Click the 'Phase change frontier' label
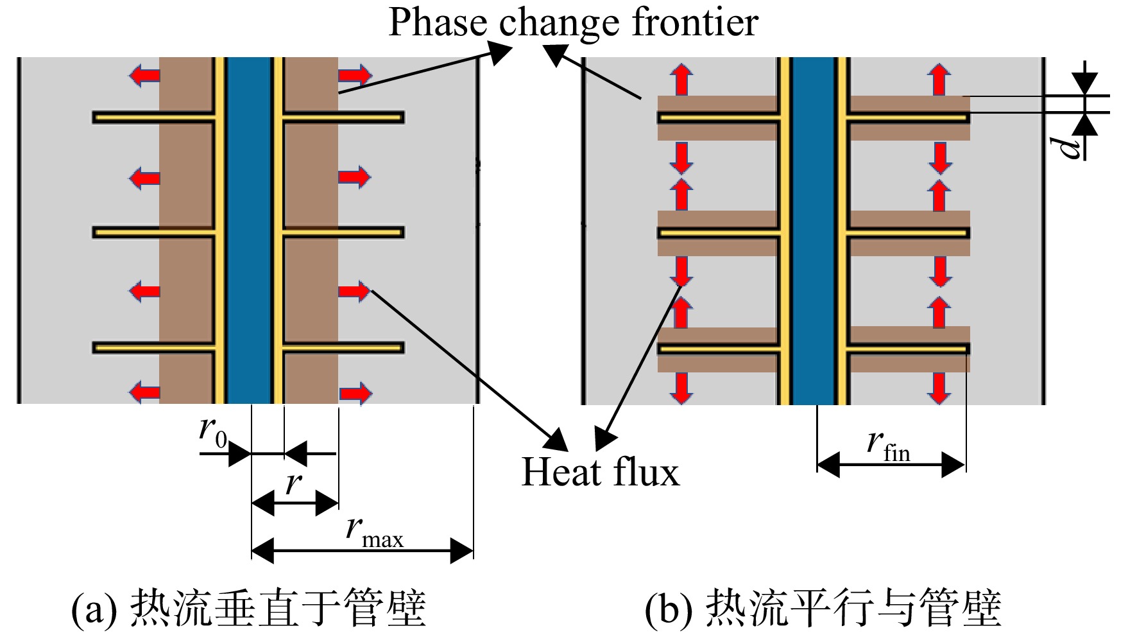point(573,23)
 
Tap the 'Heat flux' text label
point(600,473)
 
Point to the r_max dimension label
point(375,532)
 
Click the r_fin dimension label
point(889,445)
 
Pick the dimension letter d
point(1068,146)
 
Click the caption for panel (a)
point(248,607)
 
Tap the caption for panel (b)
point(823,607)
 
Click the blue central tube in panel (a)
point(250,230)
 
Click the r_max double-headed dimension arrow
point(363,551)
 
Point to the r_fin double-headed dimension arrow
point(891,465)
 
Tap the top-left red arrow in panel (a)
point(144,76)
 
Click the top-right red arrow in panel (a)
point(355,75)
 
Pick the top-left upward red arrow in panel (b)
point(681,80)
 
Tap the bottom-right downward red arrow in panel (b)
point(940,388)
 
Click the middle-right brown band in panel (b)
point(910,232)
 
